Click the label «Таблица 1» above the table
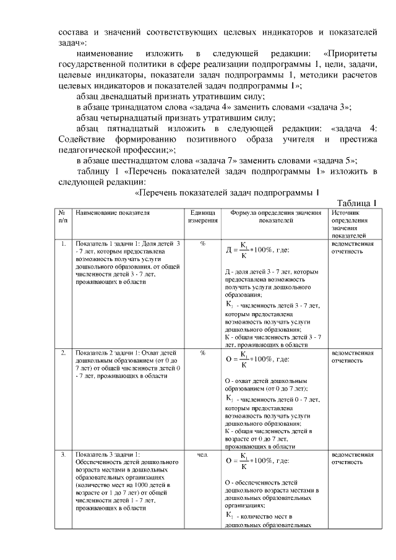(357, 203)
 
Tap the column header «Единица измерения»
(202, 216)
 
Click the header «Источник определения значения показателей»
(350, 223)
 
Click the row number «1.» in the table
(63, 244)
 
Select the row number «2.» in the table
(63, 353)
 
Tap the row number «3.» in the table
(63, 455)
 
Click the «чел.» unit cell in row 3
(202, 455)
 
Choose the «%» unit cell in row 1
(202, 244)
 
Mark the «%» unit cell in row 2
(202, 353)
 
